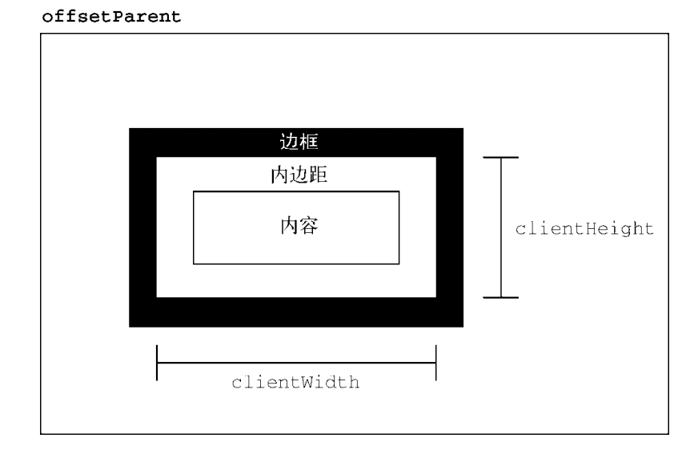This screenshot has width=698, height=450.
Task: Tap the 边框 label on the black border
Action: click(296, 143)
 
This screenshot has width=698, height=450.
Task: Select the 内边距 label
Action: click(296, 175)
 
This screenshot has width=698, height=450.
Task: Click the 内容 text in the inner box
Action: click(296, 226)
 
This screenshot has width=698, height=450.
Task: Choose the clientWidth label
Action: click(296, 382)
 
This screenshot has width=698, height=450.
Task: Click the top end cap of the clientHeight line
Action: click(501, 158)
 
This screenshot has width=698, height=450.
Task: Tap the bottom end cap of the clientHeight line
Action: click(501, 298)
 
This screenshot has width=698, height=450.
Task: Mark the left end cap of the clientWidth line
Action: click(157, 363)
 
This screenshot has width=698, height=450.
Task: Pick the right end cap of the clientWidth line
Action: click(436, 363)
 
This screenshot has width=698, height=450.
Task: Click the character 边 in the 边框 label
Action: click(286, 143)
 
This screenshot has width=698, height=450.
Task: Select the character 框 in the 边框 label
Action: click(307, 143)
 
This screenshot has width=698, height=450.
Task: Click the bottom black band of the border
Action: click(296, 312)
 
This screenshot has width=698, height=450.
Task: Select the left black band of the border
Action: click(142, 227)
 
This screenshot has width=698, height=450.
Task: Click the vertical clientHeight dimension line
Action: click(501, 240)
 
